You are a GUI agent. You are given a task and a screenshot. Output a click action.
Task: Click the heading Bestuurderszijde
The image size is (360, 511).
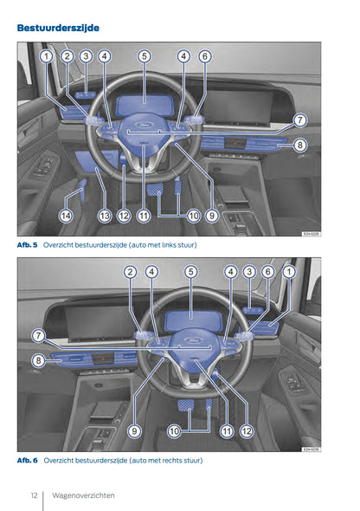tap(58, 28)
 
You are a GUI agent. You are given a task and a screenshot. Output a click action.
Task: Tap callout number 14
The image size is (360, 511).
tap(66, 216)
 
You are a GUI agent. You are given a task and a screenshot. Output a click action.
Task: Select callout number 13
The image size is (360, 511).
tap(105, 216)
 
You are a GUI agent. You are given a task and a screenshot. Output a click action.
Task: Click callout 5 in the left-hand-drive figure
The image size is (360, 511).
tap(144, 56)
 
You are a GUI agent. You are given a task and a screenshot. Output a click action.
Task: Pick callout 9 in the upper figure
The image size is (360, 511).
tap(211, 216)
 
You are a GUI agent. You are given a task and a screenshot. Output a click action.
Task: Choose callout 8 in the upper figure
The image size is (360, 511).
tap(299, 146)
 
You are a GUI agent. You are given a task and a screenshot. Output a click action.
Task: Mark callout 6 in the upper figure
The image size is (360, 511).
tap(205, 56)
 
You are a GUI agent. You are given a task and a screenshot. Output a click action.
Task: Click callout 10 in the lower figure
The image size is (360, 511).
tap(174, 430)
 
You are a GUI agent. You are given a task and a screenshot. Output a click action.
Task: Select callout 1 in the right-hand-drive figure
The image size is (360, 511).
tap(289, 271)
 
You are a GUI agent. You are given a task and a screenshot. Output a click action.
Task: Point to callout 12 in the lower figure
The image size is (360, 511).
tap(247, 430)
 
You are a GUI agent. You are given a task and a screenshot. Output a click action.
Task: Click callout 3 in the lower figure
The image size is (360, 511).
tap(249, 271)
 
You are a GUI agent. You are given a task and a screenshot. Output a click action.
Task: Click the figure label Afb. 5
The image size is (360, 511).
tap(28, 245)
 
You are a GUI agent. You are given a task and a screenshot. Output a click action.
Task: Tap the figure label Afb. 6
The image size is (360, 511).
tap(28, 461)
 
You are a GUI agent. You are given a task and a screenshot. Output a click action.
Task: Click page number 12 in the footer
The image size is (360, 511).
tap(32, 495)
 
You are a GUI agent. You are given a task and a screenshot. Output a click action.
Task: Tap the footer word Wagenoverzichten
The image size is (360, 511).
tap(83, 495)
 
